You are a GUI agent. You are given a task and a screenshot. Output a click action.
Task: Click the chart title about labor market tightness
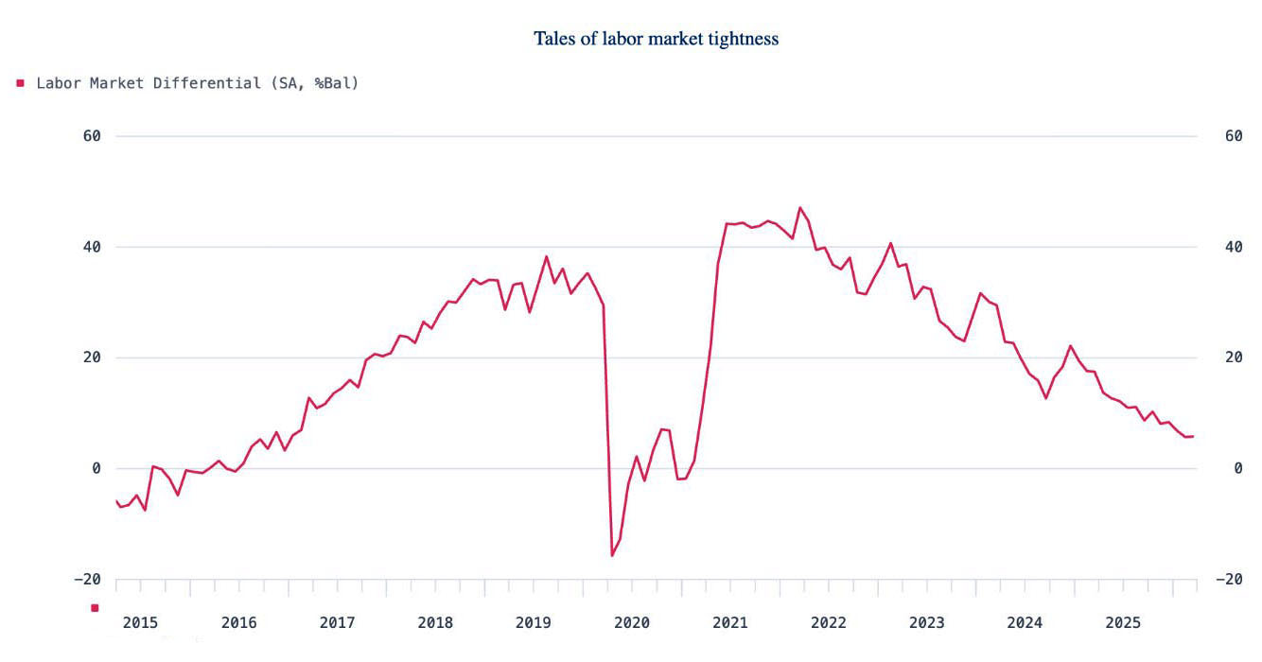(x=656, y=39)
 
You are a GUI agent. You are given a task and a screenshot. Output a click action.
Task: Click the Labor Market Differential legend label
(x=197, y=83)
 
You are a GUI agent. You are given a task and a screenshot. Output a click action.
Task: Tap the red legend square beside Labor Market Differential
(x=20, y=83)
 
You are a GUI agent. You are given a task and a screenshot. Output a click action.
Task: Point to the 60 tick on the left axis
(x=92, y=136)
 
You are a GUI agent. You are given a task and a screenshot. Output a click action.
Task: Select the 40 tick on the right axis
(x=1206, y=247)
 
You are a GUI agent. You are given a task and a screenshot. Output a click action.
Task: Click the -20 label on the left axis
(x=88, y=580)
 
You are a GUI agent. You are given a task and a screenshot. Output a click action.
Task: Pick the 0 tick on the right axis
(x=1206, y=469)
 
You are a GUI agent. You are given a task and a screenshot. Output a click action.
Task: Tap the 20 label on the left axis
(x=92, y=357)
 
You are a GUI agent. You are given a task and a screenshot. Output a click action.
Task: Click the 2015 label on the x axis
(x=140, y=622)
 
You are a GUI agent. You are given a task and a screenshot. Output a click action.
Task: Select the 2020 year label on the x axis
(x=632, y=622)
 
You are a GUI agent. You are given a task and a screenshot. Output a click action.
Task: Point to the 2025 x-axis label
(x=1123, y=622)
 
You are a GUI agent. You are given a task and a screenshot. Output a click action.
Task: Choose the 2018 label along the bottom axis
(x=435, y=622)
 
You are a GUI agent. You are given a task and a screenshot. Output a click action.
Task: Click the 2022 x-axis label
(x=829, y=622)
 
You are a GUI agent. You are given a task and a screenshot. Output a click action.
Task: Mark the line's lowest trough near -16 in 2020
(x=611, y=555)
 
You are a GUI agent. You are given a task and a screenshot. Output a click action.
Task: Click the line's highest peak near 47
(x=800, y=207)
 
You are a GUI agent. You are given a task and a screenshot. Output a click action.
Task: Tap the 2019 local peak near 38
(x=546, y=256)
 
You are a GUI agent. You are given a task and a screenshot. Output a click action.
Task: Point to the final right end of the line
(x=1193, y=436)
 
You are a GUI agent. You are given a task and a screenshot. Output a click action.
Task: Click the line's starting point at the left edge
(x=116, y=501)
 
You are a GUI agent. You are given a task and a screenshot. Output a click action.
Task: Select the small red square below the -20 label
(x=95, y=608)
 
